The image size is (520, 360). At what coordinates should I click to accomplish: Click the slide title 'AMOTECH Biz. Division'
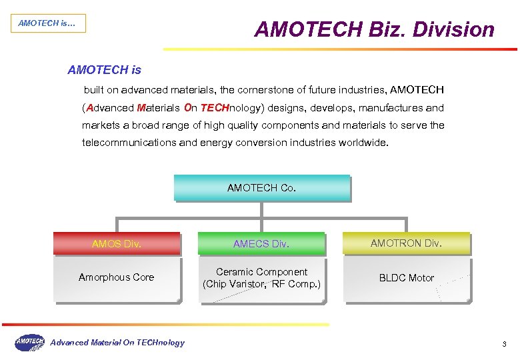coord(374,29)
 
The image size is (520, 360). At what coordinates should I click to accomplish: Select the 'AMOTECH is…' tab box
coord(47,23)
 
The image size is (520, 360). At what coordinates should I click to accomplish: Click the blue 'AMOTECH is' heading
coord(105,69)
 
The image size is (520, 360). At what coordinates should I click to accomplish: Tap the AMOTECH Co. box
coord(261,188)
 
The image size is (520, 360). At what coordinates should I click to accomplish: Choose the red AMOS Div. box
coord(117,244)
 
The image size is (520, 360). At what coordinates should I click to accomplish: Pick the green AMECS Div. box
coord(261,244)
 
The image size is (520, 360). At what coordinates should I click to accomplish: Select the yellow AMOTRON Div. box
coord(406,243)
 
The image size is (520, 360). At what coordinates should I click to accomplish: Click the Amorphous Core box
coord(117,278)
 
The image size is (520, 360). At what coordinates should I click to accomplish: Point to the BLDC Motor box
coord(406,278)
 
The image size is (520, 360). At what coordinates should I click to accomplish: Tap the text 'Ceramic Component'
coord(261,272)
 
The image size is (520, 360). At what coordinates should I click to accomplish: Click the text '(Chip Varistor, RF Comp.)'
coord(261,285)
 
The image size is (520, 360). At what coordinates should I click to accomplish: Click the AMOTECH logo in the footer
coord(29,342)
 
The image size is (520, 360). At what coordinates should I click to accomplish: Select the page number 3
coord(505,344)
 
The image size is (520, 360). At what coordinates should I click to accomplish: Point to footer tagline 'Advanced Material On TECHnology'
coord(117,343)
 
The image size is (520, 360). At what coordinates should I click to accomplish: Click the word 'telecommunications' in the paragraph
coord(125,143)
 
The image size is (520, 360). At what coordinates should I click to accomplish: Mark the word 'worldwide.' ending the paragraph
coord(363,143)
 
